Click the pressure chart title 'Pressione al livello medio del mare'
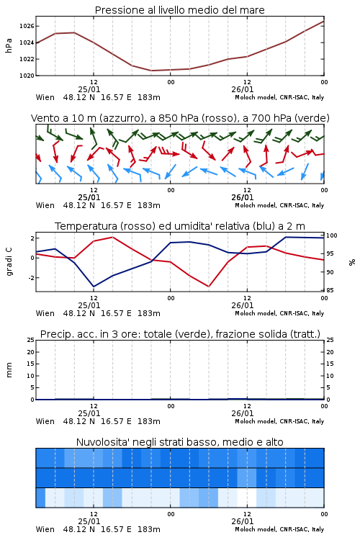179,10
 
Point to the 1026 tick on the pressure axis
27,26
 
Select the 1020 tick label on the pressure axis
27,76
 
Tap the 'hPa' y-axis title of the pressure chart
9,45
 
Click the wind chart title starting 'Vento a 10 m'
180,118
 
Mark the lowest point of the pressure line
152,71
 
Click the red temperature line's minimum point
209,287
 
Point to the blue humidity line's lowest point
94,287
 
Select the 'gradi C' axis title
9,262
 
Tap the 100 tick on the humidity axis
332,235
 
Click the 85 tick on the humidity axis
330,290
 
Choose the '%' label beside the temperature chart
352,262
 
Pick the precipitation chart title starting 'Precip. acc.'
180,334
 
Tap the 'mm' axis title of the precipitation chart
9,370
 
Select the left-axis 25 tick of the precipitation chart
31,340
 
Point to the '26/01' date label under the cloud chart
243,521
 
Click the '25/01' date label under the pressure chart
89,89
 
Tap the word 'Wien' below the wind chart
45,205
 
